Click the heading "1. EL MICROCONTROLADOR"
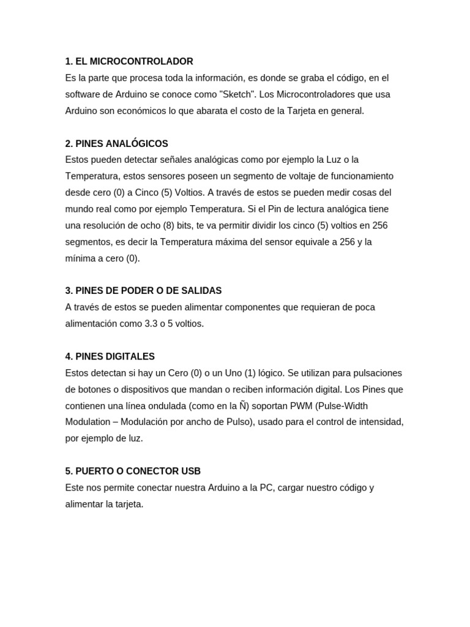pos(129,61)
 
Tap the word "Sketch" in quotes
pos(264,94)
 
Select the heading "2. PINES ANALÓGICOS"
pos(116,143)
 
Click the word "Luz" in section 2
pos(334,160)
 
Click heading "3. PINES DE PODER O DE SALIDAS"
pos(143,290)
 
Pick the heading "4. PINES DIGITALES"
pos(110,356)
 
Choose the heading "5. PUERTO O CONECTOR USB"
pos(133,471)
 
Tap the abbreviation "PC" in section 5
pos(266,487)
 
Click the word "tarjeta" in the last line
pos(128,504)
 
